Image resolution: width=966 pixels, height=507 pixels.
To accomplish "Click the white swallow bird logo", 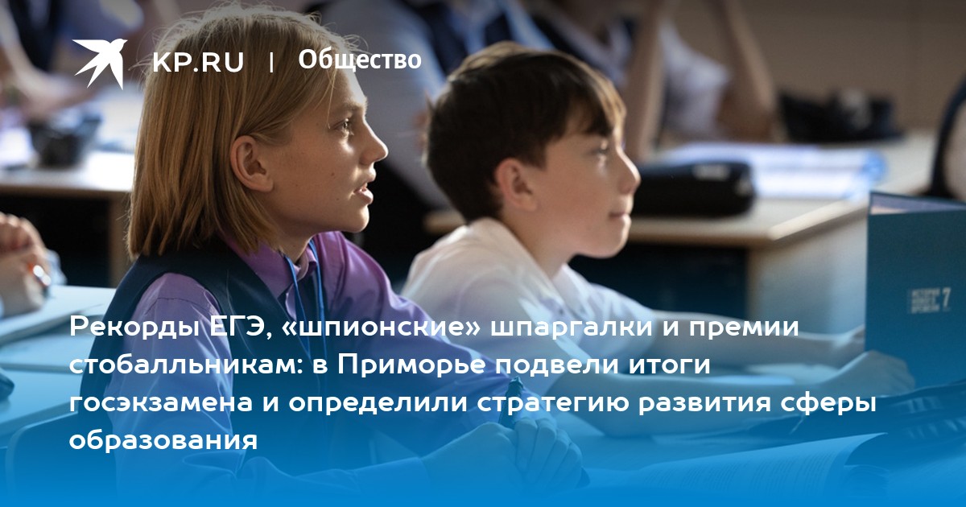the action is pos(100,62).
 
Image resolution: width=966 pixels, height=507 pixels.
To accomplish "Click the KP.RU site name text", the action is pos(198,62).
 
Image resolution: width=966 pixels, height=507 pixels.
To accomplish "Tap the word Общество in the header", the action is pos(360,60).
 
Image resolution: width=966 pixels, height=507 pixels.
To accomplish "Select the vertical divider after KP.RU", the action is pos(270,63).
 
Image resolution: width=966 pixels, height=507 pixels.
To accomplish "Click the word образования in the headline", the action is pos(163,440).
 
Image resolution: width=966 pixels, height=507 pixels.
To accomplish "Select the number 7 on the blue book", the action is pos(945,299).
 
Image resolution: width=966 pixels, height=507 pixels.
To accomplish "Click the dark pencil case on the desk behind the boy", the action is pos(693,188).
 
